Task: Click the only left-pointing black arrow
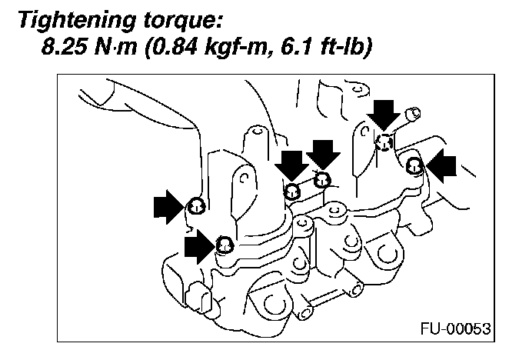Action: click(442, 165)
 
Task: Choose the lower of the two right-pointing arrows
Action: click(200, 248)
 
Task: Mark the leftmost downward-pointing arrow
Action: click(291, 165)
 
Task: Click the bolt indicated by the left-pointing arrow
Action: click(414, 164)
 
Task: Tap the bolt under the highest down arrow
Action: click(384, 141)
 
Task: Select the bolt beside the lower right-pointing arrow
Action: click(224, 245)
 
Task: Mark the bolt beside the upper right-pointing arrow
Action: click(195, 205)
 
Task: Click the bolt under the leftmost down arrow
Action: click(292, 191)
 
